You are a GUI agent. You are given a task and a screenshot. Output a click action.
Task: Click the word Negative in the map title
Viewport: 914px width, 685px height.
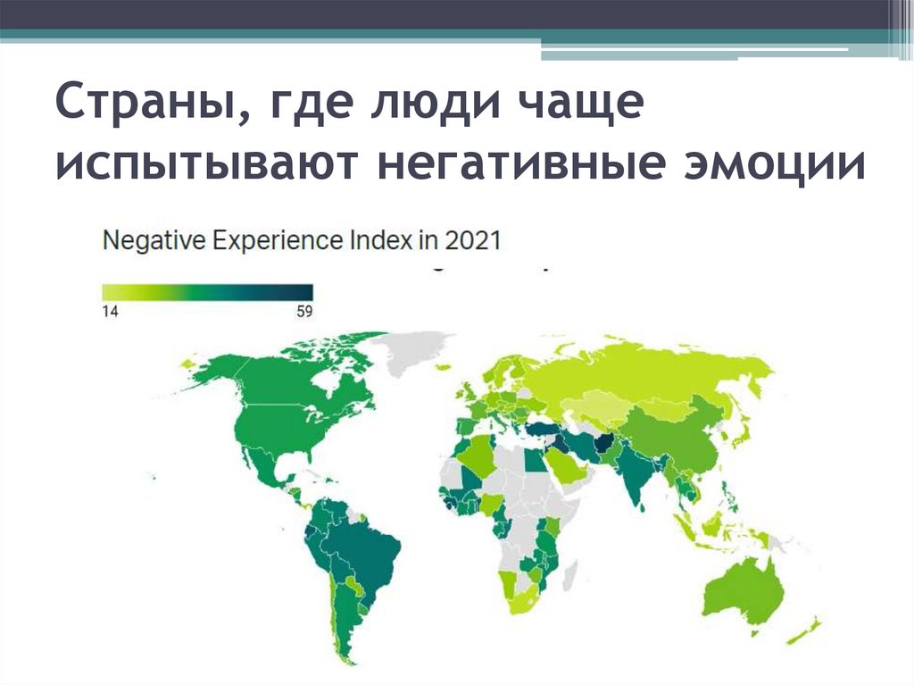146,242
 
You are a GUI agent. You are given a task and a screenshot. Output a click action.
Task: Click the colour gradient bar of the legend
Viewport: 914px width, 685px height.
207,292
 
